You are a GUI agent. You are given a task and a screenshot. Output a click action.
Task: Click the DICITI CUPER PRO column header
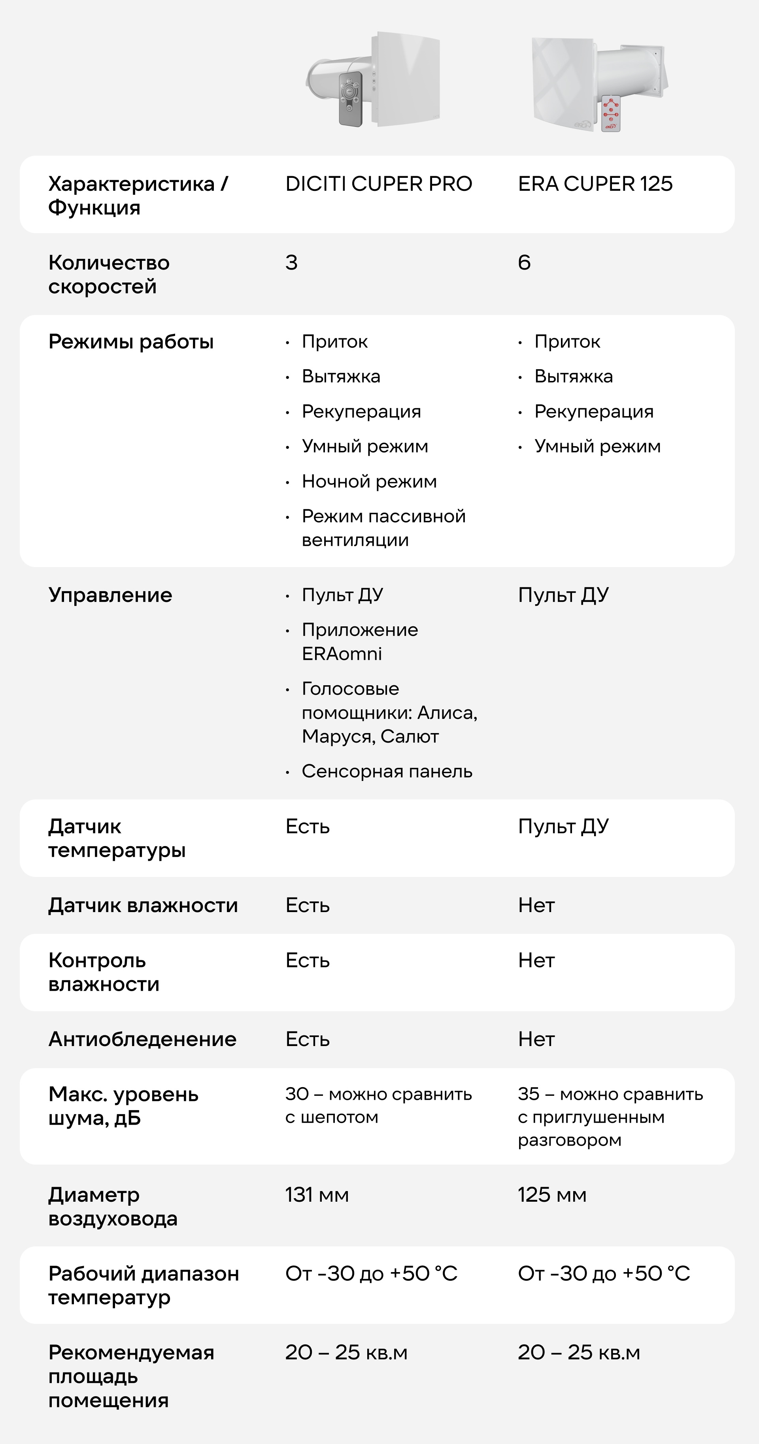click(x=378, y=184)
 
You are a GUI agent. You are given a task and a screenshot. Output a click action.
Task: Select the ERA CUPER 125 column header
click(x=595, y=184)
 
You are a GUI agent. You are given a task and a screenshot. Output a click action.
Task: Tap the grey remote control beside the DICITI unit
click(x=350, y=98)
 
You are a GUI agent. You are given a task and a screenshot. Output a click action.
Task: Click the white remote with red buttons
click(x=610, y=114)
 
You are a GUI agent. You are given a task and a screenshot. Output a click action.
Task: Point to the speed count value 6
click(x=524, y=262)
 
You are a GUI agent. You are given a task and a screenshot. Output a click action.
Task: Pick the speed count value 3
click(x=291, y=262)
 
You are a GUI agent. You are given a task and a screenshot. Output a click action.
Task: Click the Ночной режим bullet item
click(x=369, y=481)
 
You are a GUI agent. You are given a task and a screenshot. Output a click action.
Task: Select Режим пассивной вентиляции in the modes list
click(x=383, y=528)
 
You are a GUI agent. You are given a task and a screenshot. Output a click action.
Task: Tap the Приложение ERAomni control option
click(x=359, y=642)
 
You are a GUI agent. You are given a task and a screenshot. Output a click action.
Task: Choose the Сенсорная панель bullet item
click(x=387, y=771)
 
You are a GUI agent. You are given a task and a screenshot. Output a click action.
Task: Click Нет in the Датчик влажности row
click(x=536, y=905)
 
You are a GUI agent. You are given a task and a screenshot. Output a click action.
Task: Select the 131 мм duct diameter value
click(x=317, y=1195)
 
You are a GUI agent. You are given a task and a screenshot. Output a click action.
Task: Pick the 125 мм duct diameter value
click(x=551, y=1195)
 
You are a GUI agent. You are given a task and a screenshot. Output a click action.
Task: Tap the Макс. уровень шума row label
click(x=123, y=1106)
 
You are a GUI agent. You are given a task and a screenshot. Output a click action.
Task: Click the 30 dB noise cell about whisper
click(x=378, y=1105)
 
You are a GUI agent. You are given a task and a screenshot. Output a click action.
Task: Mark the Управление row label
click(x=110, y=595)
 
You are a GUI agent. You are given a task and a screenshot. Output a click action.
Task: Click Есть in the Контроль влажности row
click(x=307, y=961)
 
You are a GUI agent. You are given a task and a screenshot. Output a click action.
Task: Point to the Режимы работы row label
click(x=130, y=341)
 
